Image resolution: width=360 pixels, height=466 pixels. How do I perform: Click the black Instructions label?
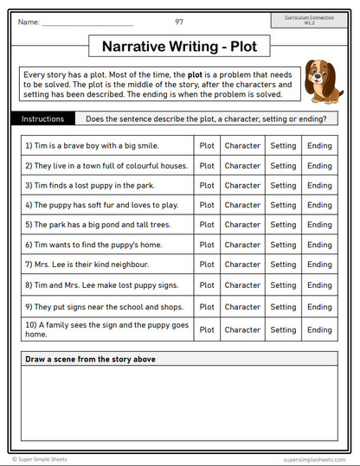pos(43,118)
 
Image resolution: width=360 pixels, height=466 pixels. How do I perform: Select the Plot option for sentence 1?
pos(207,145)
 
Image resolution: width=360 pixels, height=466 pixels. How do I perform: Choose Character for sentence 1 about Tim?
pos(242,145)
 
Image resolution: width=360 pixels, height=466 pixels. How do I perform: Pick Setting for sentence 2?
pos(283,165)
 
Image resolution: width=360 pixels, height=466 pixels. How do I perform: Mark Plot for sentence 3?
pos(207,185)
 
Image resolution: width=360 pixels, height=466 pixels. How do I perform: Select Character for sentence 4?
pos(242,205)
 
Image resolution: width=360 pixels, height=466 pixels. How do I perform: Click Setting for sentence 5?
pos(283,225)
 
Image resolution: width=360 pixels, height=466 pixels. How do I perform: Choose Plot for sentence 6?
pos(207,245)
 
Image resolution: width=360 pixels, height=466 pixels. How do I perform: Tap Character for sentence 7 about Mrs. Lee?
pos(242,265)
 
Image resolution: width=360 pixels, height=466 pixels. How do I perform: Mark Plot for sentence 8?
pos(207,285)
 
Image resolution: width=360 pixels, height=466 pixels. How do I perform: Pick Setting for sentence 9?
pos(283,307)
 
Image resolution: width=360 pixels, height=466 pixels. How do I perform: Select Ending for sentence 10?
pos(319,329)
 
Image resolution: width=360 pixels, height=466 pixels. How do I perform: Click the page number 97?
pos(179,21)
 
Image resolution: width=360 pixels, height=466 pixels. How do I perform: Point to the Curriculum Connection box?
pos(309,19)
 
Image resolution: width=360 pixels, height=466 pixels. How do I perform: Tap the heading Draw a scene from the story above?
pos(91,359)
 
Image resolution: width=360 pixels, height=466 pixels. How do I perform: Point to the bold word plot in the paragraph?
pos(196,76)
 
